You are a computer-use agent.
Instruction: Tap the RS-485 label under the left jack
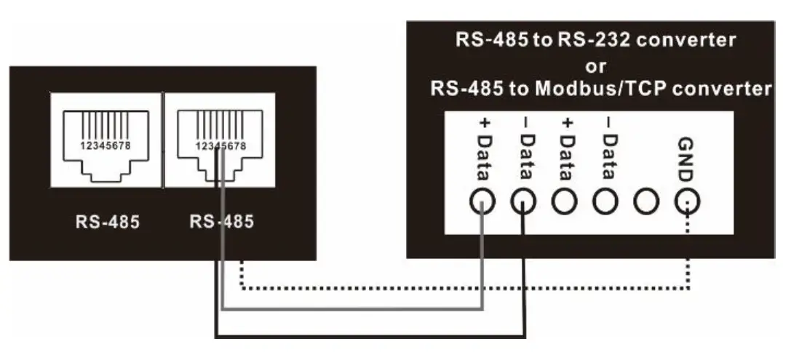[107, 222]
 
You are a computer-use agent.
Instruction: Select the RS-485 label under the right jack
[221, 222]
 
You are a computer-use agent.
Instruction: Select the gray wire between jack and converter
[349, 308]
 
